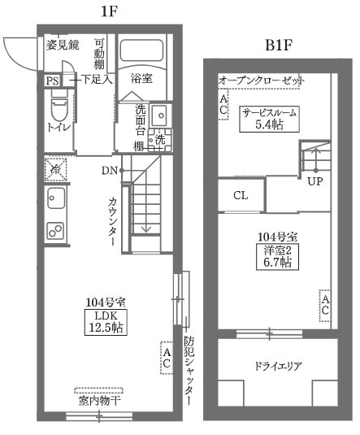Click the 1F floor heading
point(107,11)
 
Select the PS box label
point(52,80)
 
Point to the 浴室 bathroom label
point(141,79)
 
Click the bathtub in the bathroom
point(141,54)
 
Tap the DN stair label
point(109,171)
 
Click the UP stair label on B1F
point(316,181)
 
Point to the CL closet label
point(241,196)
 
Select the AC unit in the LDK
point(167,359)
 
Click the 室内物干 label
point(100,400)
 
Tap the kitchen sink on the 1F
point(56,198)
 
